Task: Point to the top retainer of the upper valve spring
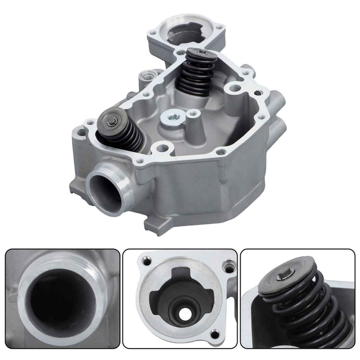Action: point(199,54)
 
